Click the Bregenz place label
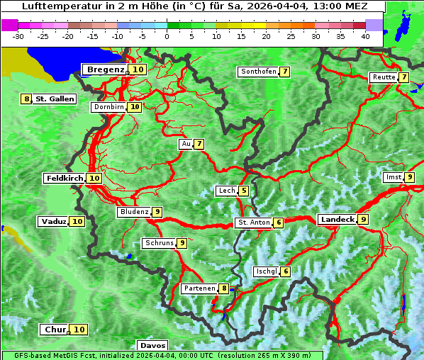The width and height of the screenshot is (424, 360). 106,69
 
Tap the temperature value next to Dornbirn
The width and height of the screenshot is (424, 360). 135,107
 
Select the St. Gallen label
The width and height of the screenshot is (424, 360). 55,99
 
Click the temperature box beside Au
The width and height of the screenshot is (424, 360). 200,145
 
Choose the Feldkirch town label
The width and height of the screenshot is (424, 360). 65,179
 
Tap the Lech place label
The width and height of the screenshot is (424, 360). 226,191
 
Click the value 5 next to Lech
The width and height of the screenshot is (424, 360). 244,191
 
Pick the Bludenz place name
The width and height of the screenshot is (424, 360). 134,212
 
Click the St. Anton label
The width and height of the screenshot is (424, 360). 254,223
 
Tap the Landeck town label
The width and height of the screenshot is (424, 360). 337,220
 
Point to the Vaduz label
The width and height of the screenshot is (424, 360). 53,222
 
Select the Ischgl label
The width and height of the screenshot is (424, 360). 266,271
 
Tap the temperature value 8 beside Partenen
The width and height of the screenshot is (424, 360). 224,288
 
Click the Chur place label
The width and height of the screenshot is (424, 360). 55,330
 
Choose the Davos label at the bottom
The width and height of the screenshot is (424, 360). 152,346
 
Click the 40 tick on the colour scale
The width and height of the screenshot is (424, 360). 365,36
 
